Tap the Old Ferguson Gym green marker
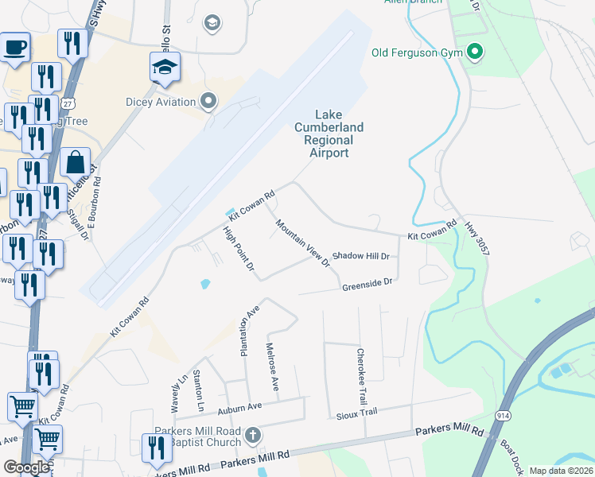point(476,53)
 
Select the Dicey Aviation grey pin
point(209,101)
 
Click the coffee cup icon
point(14,48)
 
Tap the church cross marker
point(252,436)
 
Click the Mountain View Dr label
point(302,242)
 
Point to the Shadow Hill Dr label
point(360,256)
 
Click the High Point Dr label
point(238,252)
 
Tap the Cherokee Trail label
point(361,375)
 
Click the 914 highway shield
point(504,416)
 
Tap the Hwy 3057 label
point(477,236)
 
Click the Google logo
point(26,467)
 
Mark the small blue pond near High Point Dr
point(205,282)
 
